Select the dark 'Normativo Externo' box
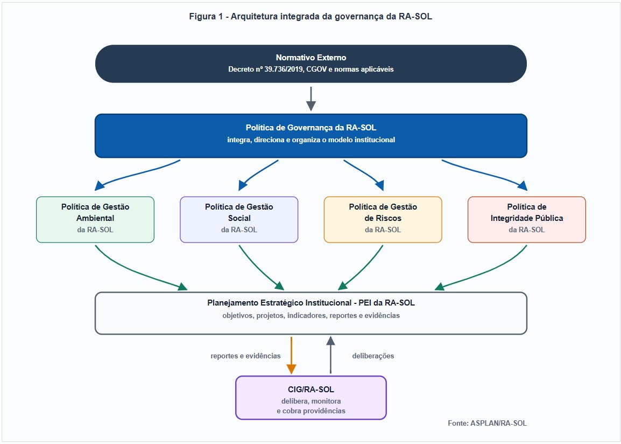[311, 64]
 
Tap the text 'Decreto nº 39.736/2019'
[266, 70]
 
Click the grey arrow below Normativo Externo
[311, 99]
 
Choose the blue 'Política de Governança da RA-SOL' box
[311, 136]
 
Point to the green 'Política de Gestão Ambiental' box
[95, 220]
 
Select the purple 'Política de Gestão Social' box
[239, 220]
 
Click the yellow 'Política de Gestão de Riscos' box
[383, 220]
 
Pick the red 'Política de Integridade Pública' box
[527, 220]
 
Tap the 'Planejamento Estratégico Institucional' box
[311, 313]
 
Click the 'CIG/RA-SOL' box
[311, 398]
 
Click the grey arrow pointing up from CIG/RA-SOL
[331, 355]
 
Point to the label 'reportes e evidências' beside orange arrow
[245, 356]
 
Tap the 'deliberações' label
[373, 356]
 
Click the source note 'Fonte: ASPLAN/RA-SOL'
[487, 424]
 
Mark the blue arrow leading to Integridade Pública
[484, 174]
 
